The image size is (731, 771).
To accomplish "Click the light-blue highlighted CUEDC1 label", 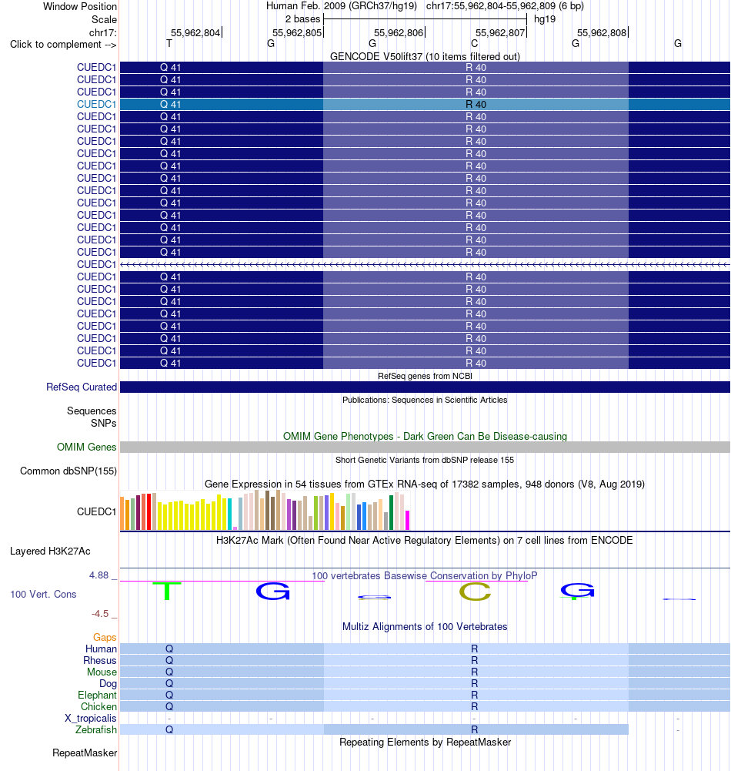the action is coord(96,104).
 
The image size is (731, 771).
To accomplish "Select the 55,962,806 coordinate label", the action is coord(399,33).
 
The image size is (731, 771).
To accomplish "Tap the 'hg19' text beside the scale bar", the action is coord(545,19).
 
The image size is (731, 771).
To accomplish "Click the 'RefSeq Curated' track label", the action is coord(82,387).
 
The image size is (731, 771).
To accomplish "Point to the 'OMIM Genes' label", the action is coord(86,447).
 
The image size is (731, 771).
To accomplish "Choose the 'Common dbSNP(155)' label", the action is coord(68,471).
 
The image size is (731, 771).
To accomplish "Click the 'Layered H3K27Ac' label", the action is coord(50,551).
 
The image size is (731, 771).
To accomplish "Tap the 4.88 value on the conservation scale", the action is coord(98,575).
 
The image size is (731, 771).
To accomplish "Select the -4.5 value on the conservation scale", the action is coord(100,614).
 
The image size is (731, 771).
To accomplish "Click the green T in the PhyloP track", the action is coord(167,591).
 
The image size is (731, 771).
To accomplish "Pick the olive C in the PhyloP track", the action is coord(475,592).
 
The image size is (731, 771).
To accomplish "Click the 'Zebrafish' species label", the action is coord(95,729).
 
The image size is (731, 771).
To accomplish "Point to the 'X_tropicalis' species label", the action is coord(91,719).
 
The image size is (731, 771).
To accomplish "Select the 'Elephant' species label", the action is coord(97,696).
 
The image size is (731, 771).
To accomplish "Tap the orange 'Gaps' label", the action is coord(105,637).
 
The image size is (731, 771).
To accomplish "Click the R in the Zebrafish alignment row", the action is coord(475,729).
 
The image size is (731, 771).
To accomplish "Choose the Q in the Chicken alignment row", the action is coord(169,706).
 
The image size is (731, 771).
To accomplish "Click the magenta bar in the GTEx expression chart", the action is coord(407,520).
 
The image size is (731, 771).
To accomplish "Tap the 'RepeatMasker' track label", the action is coord(85,753).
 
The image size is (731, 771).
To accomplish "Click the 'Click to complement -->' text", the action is coord(63,44).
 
